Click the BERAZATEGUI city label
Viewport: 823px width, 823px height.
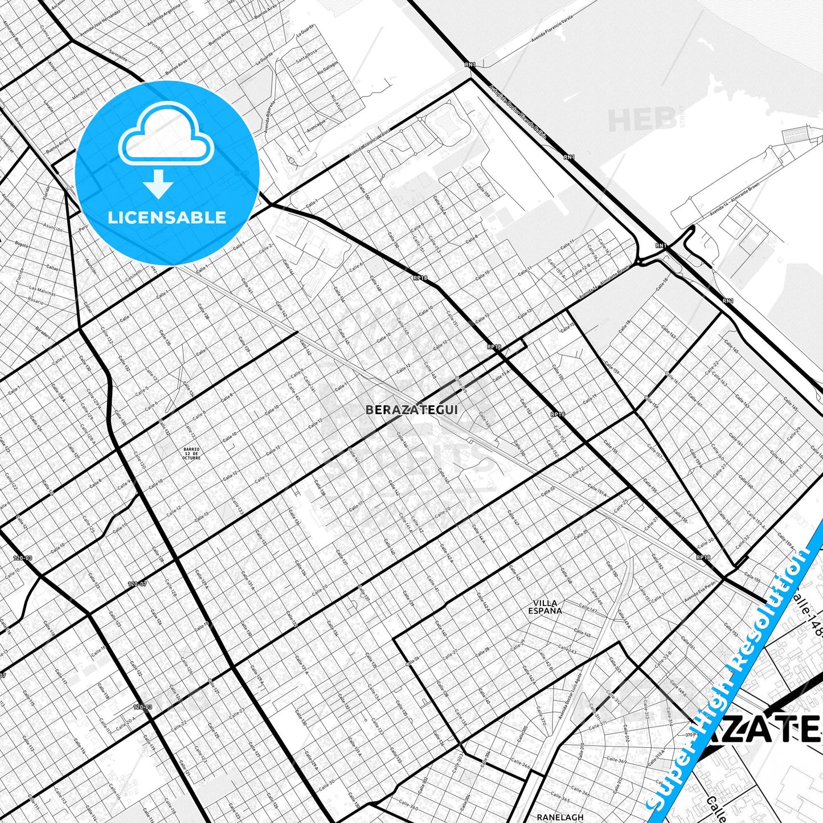(411, 410)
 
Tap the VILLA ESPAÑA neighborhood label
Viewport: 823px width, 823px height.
(545, 607)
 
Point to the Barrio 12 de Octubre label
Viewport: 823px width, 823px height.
(192, 453)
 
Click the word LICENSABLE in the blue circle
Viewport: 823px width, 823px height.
(167, 218)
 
